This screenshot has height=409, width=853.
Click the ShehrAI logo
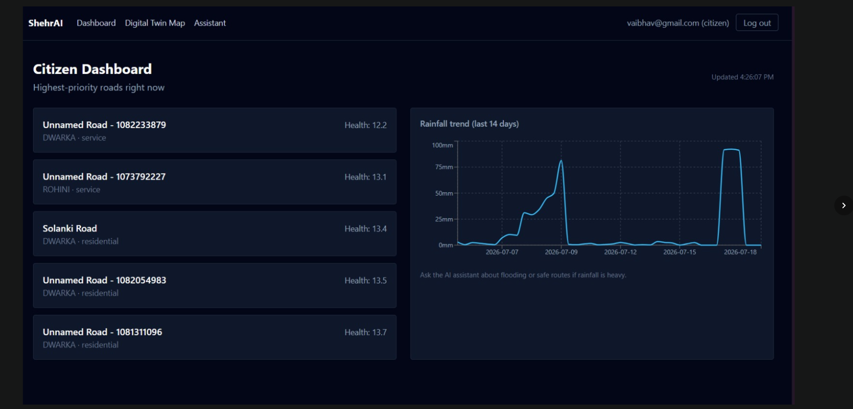pyautogui.click(x=45, y=23)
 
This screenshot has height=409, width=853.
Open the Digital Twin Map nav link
pyautogui.click(x=155, y=23)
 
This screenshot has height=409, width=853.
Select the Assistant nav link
pyautogui.click(x=210, y=23)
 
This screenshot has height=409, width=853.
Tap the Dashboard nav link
pyautogui.click(x=96, y=23)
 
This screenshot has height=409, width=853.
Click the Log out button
pyautogui.click(x=757, y=23)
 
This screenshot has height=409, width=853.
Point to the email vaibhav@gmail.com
pyautogui.click(x=663, y=23)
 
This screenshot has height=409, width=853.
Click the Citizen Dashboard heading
pyautogui.click(x=92, y=69)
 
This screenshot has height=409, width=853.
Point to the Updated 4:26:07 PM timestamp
pyautogui.click(x=742, y=77)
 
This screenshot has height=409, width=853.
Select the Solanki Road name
pyautogui.click(x=70, y=228)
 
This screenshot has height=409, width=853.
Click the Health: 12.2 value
pyautogui.click(x=365, y=125)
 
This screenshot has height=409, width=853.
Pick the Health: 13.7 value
pyautogui.click(x=365, y=333)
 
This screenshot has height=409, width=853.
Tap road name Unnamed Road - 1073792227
pyautogui.click(x=104, y=176)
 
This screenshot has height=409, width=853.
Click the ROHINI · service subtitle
pyautogui.click(x=71, y=190)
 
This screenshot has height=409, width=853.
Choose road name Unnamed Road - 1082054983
pyautogui.click(x=104, y=280)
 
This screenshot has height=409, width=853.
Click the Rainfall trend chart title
pyautogui.click(x=469, y=124)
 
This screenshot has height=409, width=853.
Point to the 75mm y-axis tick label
pyautogui.click(x=444, y=167)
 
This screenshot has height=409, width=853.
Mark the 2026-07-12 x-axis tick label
pyautogui.click(x=620, y=252)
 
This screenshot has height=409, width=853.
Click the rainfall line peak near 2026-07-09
pyautogui.click(x=561, y=161)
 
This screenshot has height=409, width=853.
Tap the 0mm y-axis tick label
pyautogui.click(x=446, y=245)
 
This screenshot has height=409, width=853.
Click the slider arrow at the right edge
pyautogui.click(x=844, y=205)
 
